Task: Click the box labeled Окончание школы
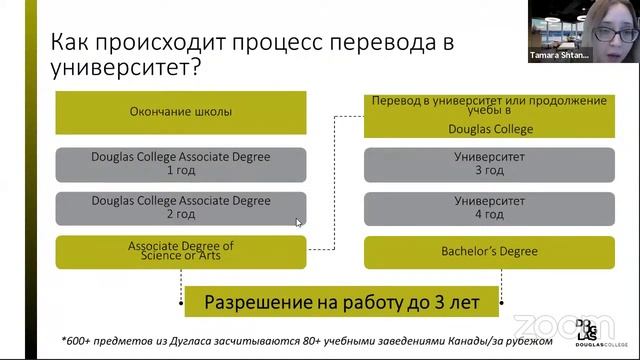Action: click(x=181, y=112)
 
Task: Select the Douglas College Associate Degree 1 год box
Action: click(x=181, y=164)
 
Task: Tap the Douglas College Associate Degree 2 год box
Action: click(x=181, y=208)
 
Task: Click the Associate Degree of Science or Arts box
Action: click(x=181, y=250)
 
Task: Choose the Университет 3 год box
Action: click(x=485, y=164)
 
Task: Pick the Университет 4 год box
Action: click(x=485, y=208)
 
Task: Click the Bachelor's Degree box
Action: click(x=485, y=250)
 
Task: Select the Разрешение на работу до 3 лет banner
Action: click(x=336, y=300)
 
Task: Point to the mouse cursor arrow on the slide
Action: click(x=298, y=222)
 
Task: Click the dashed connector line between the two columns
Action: click(x=334, y=180)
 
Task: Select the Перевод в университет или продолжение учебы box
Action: click(x=485, y=114)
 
